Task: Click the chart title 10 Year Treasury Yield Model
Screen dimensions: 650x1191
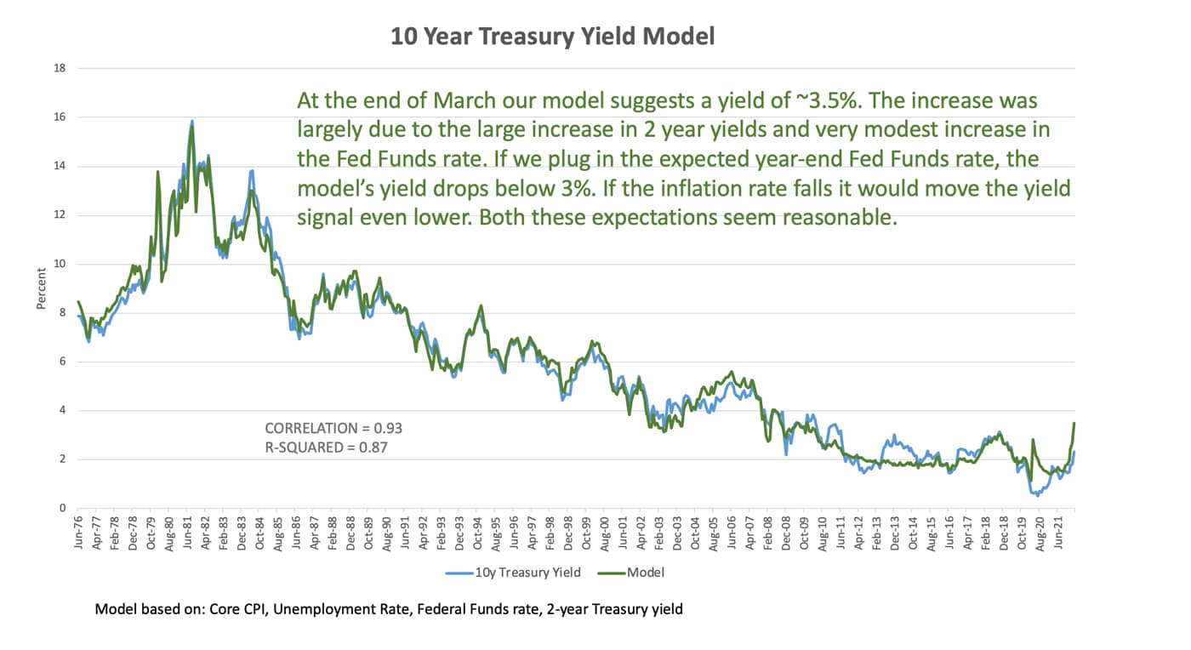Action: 552,36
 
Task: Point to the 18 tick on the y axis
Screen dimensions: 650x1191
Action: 60,68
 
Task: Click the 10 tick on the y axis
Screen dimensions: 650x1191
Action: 60,264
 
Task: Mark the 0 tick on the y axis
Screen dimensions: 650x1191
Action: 62,509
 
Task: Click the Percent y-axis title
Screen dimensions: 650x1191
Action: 41,288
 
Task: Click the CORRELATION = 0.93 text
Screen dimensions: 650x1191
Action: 333,428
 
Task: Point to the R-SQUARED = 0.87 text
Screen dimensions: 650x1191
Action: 326,447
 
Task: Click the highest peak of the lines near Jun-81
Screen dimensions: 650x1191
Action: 192,122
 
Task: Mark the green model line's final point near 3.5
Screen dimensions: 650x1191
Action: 1074,423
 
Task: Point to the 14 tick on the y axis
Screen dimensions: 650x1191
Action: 60,166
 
